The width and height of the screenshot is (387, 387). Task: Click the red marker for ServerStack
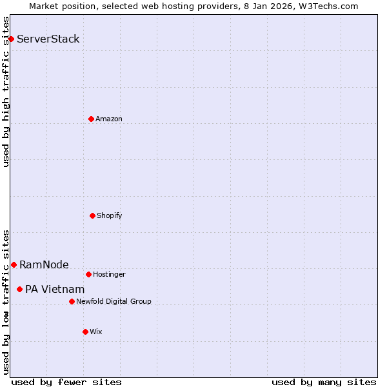[11, 39]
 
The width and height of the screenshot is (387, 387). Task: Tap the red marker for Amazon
[91, 119]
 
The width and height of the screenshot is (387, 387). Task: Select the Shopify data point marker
[92, 215]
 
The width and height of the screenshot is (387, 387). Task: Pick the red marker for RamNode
[14, 264]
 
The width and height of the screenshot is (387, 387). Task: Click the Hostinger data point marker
[88, 274]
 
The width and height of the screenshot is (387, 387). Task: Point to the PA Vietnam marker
[19, 289]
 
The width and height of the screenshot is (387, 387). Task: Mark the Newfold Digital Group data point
[72, 301]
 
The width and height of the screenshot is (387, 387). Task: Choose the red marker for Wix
[85, 332]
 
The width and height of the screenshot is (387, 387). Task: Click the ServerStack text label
[48, 39]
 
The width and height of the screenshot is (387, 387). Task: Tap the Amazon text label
[109, 119]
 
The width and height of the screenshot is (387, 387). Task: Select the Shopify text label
[110, 215]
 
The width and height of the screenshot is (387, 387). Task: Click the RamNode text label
[44, 264]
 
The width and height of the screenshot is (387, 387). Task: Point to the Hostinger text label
[109, 274]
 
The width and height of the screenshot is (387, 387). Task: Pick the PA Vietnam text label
[55, 289]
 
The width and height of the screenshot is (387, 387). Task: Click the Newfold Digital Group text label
[114, 301]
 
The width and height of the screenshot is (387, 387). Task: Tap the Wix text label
[96, 332]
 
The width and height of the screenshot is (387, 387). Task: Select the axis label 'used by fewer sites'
[66, 382]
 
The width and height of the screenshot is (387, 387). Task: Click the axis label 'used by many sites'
[324, 382]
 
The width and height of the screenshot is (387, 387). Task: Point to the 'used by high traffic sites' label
[6, 92]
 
